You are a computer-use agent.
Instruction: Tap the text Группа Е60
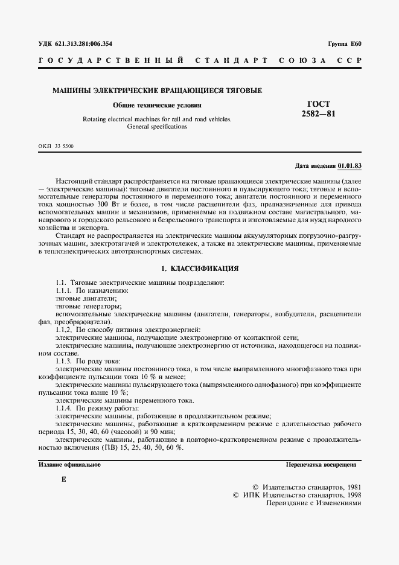[x=345, y=44]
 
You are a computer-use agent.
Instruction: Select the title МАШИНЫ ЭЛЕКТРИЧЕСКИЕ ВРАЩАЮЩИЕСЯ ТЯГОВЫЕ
[x=157, y=91]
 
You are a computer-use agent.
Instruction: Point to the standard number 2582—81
[x=319, y=114]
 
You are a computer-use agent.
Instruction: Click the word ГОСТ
[x=319, y=104]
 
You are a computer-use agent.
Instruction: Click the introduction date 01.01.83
[x=350, y=165]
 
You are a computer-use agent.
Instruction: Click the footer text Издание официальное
[x=69, y=465]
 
